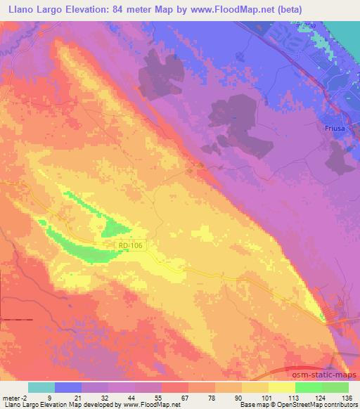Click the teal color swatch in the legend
click(41, 388)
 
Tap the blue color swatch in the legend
click(67, 388)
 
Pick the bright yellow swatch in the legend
click(281, 388)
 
